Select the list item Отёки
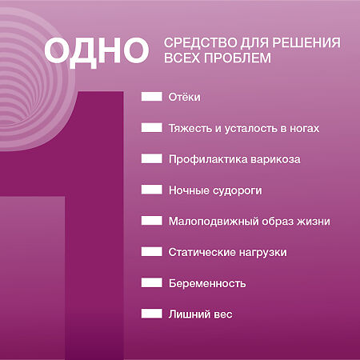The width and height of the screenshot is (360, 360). point(184,97)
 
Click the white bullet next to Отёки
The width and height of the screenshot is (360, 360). point(152,97)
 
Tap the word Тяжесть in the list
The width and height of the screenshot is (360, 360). point(189,128)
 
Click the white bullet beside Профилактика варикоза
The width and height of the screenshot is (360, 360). point(152,159)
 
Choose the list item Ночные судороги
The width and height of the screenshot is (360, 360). point(215,190)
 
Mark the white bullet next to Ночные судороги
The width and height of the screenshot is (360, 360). point(152,190)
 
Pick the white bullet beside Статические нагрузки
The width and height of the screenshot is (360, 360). point(152,252)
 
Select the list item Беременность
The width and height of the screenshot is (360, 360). point(207,283)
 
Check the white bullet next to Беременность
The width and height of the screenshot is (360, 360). point(152,283)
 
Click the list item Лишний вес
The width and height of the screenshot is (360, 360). point(200,314)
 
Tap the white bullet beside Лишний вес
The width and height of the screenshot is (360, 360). point(152,314)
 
